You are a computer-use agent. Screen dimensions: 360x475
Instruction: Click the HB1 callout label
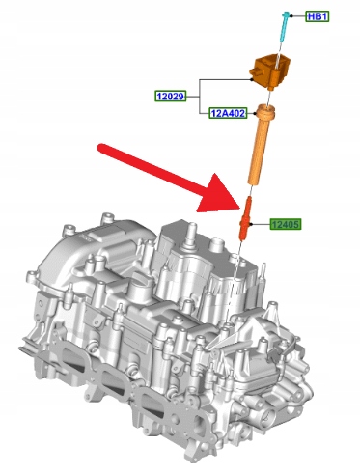[318, 16]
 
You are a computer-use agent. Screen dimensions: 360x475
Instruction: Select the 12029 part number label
[171, 96]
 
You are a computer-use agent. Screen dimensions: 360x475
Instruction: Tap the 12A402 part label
[228, 113]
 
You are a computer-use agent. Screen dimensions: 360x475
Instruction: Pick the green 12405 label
[286, 224]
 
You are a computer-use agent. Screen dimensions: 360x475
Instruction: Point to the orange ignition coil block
[270, 71]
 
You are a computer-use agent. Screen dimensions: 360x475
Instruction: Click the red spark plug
[245, 218]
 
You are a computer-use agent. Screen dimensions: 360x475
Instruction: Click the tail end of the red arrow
[101, 149]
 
